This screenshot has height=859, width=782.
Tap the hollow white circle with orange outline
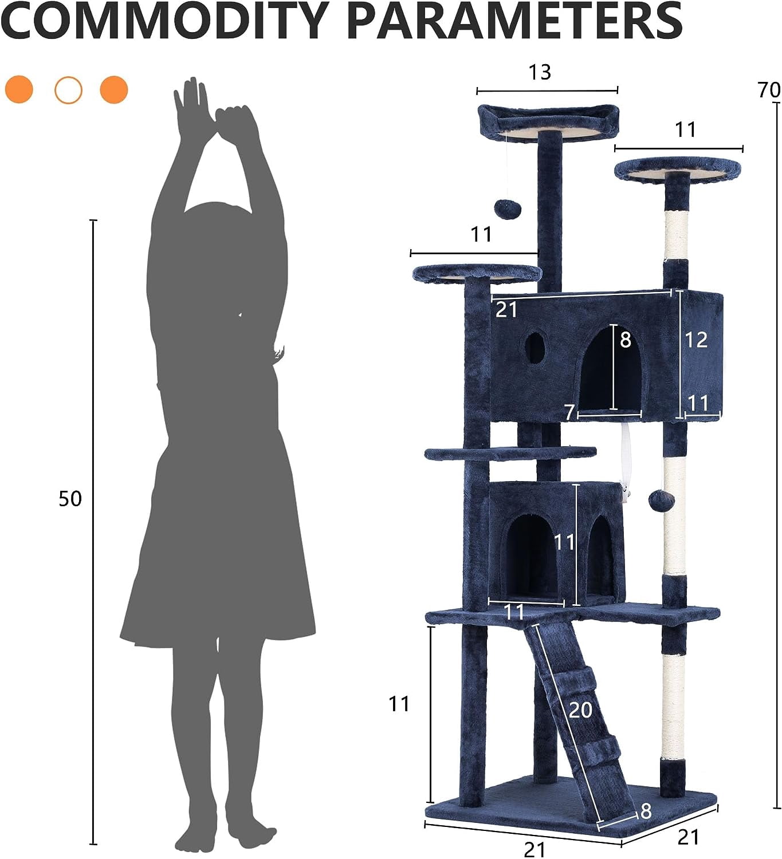(68, 90)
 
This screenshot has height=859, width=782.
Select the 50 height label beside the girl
(70, 499)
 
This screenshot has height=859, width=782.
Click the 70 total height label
(769, 90)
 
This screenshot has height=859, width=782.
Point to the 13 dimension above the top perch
(540, 72)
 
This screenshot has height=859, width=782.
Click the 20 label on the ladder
(580, 710)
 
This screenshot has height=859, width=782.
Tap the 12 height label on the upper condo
(696, 340)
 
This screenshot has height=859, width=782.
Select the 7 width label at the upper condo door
(569, 412)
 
